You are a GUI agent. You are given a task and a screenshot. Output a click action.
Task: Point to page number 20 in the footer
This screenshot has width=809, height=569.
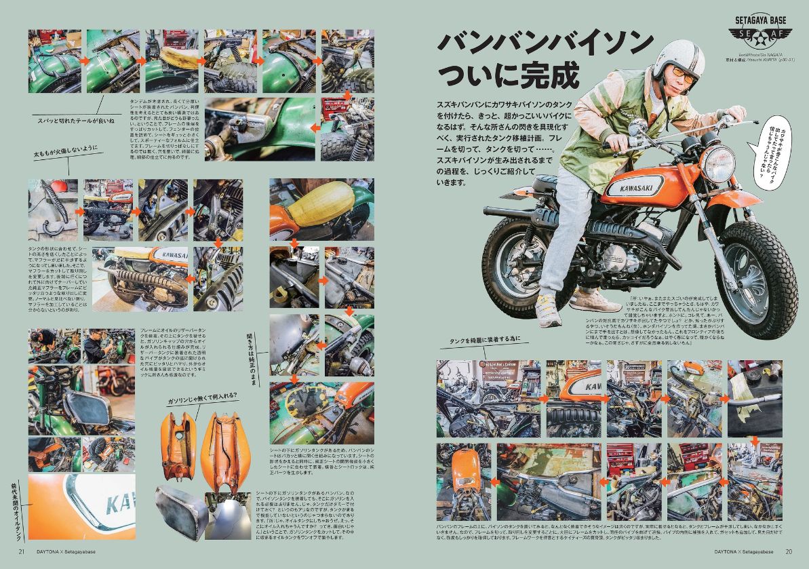click(x=788, y=551)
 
